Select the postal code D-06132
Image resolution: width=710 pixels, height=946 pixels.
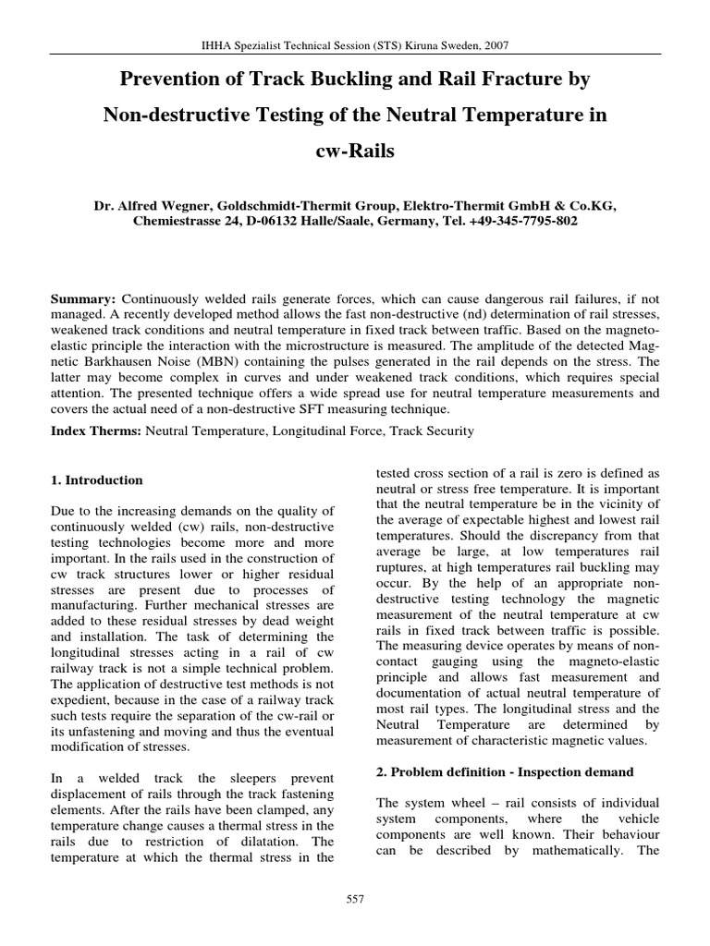(x=278, y=223)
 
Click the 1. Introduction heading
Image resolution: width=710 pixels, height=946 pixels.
(x=95, y=480)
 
